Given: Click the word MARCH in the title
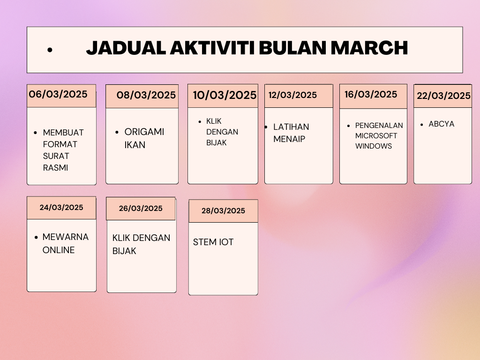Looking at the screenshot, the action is point(369,48).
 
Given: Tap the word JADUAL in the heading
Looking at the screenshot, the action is point(126,48).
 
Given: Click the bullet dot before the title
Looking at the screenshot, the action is point(50,50).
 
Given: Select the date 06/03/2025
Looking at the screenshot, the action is point(58,94).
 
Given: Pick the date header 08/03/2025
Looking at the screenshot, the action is point(146,95).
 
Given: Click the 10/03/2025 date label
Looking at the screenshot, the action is point(225,95).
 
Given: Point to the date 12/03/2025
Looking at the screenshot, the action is point(292,95).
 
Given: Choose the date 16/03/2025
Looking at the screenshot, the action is point(371,94).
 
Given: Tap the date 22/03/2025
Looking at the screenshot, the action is point(443,96).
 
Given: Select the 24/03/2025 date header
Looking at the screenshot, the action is point(61,207).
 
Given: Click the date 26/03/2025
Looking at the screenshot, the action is point(141,208).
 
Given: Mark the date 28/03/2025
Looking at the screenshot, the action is point(223,210).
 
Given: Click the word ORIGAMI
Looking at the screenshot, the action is point(144,132).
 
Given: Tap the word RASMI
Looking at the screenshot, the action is point(55,168).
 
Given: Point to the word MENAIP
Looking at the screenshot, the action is point(289,139).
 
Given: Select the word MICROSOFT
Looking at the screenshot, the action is point(376,135).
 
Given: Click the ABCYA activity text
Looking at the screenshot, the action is point(442,124).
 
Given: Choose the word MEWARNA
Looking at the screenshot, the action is point(66,237).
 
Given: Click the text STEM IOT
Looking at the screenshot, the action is point(213,242).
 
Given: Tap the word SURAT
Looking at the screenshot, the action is point(56,156).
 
